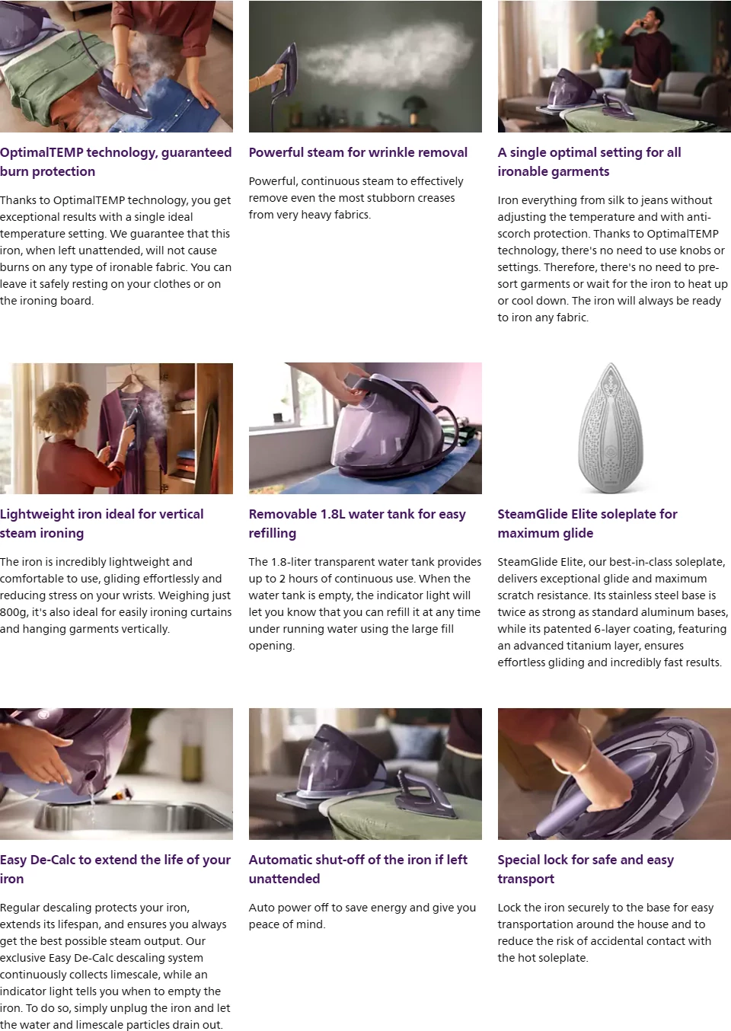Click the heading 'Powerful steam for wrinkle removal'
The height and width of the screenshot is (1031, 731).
click(x=358, y=152)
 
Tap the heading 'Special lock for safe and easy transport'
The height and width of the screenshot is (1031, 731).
click(x=586, y=869)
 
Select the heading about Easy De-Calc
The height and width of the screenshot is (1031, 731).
click(x=115, y=869)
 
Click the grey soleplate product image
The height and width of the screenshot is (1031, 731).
click(x=611, y=428)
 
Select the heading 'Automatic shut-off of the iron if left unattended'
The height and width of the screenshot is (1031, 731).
click(x=358, y=869)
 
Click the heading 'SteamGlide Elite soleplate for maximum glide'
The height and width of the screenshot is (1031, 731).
click(x=587, y=523)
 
